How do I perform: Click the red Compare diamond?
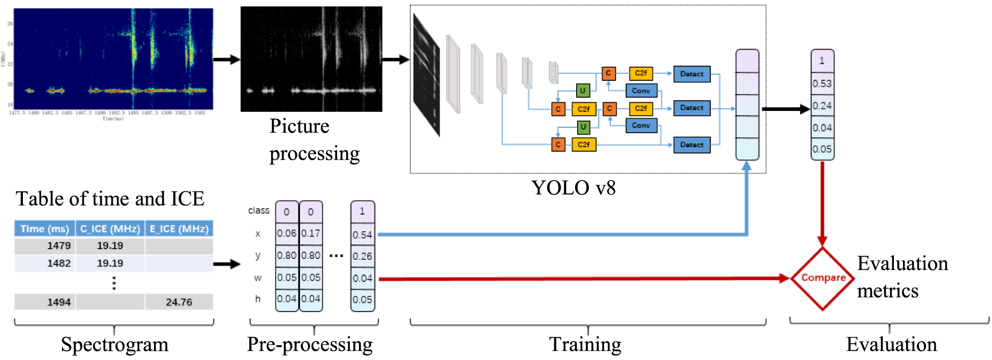[x=822, y=278]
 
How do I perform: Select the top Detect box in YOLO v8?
[x=692, y=74]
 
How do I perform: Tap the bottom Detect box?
[x=692, y=145]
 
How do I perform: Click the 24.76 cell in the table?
[x=179, y=302]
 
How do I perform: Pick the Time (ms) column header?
[x=45, y=229]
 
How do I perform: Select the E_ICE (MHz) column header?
[x=179, y=229]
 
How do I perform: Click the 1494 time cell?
[x=58, y=302]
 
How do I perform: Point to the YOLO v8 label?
[x=574, y=188]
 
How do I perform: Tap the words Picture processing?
[x=314, y=140]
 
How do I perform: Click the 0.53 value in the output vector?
[x=822, y=83]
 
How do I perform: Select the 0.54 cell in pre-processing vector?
[x=362, y=235]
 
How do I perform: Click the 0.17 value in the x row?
[x=311, y=233]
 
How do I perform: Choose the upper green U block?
[x=583, y=91]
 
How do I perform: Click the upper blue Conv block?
[x=641, y=91]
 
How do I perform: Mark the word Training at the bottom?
[x=585, y=345]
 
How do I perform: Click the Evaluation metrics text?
[x=902, y=277]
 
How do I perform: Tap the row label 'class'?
[x=258, y=211]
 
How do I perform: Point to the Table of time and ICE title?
[x=110, y=199]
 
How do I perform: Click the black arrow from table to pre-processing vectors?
[x=227, y=264]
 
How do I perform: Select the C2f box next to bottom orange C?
[x=584, y=145]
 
